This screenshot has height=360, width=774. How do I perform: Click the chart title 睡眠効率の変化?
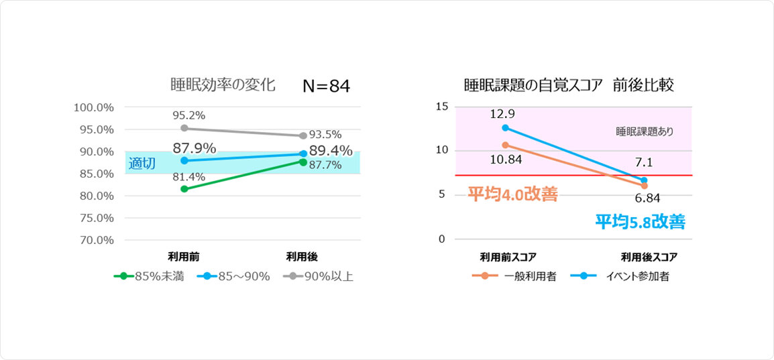click(x=223, y=86)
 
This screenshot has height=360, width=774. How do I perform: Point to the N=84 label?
click(x=326, y=86)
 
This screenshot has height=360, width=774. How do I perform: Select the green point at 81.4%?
click(x=184, y=189)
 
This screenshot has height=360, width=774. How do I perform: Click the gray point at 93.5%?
click(x=303, y=135)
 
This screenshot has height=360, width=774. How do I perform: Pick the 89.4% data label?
click(x=331, y=150)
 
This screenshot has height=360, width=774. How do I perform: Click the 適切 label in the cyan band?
click(x=141, y=163)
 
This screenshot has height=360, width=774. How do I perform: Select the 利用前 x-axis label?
click(x=184, y=256)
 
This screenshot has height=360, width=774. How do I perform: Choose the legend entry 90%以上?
click(x=318, y=276)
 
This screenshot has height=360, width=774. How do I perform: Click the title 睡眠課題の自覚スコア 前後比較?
click(x=569, y=86)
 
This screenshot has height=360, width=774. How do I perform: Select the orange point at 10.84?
click(x=504, y=145)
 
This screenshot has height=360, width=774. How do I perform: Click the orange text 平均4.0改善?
click(x=512, y=195)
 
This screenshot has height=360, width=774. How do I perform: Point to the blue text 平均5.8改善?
click(x=640, y=222)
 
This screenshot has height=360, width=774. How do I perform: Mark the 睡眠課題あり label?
click(x=644, y=132)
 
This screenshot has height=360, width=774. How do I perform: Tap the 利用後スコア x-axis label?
click(x=649, y=256)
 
